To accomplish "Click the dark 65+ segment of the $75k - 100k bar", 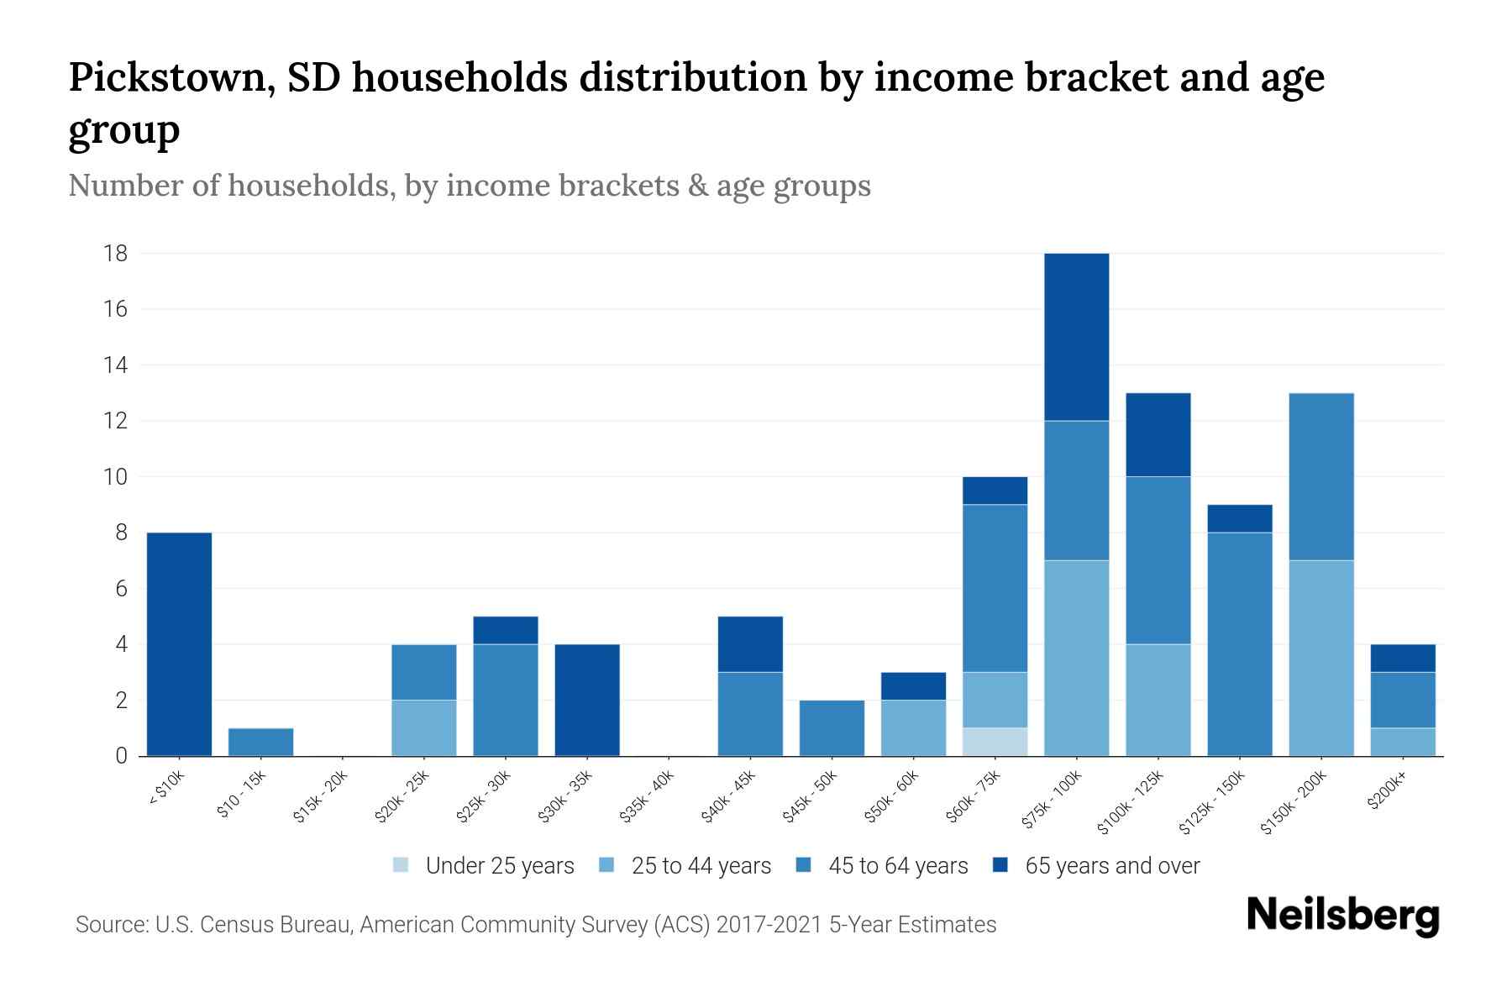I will tap(1076, 336).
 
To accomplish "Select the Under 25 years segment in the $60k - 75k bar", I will tap(995, 742).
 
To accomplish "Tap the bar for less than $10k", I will tap(179, 643).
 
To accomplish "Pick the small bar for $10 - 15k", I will tap(260, 742).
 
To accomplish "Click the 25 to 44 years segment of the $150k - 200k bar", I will tap(1320, 658).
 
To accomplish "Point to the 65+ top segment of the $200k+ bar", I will tap(1402, 658).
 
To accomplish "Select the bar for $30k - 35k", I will tap(587, 700).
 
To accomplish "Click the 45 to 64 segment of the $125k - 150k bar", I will tap(1239, 643).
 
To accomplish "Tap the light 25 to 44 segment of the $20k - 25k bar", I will tap(423, 727).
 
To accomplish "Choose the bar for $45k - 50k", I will tap(832, 727).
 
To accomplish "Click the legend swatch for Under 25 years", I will tap(402, 865).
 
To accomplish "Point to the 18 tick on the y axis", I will tap(116, 253).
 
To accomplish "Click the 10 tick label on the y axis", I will tap(116, 476).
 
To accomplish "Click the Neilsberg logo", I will tap(1342, 916).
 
